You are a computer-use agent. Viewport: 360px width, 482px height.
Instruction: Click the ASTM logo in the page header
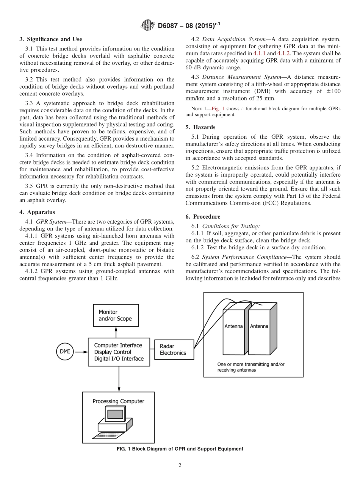coord(148,25)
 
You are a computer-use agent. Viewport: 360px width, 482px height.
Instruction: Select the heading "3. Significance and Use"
coord(51,39)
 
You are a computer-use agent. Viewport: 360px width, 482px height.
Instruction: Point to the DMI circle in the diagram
coord(65,351)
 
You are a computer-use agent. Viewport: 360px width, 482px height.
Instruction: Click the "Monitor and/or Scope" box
coord(116,315)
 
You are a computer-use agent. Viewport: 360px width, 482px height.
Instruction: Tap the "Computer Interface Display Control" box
coord(119,352)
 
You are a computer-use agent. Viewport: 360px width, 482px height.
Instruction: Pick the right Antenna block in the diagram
coord(259,327)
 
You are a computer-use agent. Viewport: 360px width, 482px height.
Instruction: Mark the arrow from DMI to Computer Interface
coord(81,352)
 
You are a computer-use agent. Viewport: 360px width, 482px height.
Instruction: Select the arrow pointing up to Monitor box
coord(116,332)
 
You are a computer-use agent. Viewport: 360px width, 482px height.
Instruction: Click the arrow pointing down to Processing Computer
coord(119,379)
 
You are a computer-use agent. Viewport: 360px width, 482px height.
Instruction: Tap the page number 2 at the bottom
coord(180,466)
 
